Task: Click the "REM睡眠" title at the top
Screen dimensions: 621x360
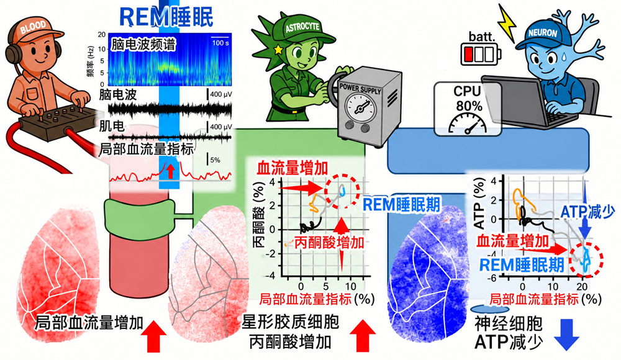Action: click(x=166, y=17)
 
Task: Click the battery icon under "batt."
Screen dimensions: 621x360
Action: click(x=481, y=54)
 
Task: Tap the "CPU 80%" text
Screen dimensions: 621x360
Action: click(x=468, y=99)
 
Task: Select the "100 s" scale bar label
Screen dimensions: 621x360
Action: click(x=220, y=43)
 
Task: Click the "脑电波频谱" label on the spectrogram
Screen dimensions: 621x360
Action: click(x=143, y=44)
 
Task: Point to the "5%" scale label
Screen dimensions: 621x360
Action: click(x=215, y=160)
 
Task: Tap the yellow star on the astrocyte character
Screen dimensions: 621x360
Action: click(x=278, y=50)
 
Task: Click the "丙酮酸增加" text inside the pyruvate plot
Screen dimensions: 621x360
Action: click(x=329, y=242)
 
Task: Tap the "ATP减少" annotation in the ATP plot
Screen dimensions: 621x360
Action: click(x=587, y=212)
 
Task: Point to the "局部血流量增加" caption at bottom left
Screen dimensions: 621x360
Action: click(x=89, y=323)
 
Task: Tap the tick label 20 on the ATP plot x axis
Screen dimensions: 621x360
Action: click(x=582, y=286)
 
